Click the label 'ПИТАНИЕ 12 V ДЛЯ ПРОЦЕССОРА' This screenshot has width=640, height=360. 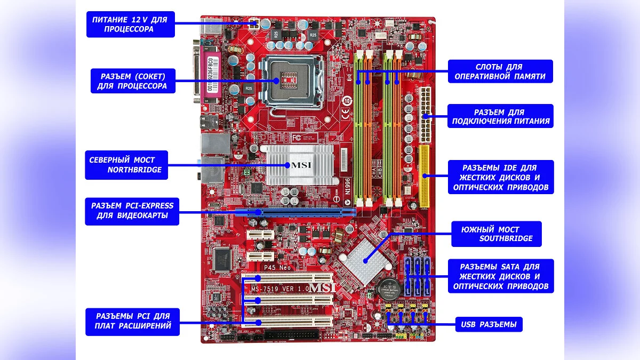tap(131, 25)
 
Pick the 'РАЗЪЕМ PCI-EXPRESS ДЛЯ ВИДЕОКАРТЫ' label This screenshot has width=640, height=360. tap(132, 211)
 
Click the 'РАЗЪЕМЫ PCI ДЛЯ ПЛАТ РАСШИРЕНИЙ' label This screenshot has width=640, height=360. tap(133, 321)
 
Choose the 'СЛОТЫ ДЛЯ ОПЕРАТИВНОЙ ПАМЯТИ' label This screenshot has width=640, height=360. tap(500, 71)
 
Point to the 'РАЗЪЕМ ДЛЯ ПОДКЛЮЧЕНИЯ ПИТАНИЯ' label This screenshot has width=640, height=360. tap(500, 116)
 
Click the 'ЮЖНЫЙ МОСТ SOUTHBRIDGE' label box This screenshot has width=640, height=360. tap(497, 234)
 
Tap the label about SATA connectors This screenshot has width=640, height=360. tap(499, 276)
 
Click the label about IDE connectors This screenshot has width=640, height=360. tap(499, 177)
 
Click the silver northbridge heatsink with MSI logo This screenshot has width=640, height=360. tap(299, 164)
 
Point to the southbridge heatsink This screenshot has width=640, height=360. tap(363, 260)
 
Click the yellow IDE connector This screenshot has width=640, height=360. tap(425, 175)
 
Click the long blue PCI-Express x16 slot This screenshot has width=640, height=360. tap(296, 212)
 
